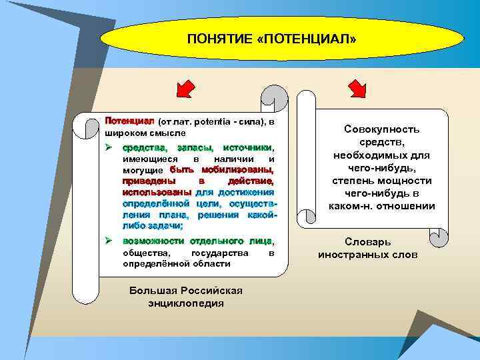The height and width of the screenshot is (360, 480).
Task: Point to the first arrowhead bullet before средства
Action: (109, 147)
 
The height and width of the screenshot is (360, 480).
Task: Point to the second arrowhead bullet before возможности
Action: (109, 239)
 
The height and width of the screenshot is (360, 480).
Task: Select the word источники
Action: (247, 147)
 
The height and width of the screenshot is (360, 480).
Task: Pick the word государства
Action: (219, 253)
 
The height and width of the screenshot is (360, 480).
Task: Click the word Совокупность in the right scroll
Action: (382, 129)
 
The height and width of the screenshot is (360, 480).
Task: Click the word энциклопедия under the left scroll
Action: (185, 303)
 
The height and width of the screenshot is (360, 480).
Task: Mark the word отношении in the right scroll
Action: (407, 205)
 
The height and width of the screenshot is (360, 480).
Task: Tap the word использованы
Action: (152, 192)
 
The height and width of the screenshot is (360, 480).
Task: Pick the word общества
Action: (147, 253)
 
